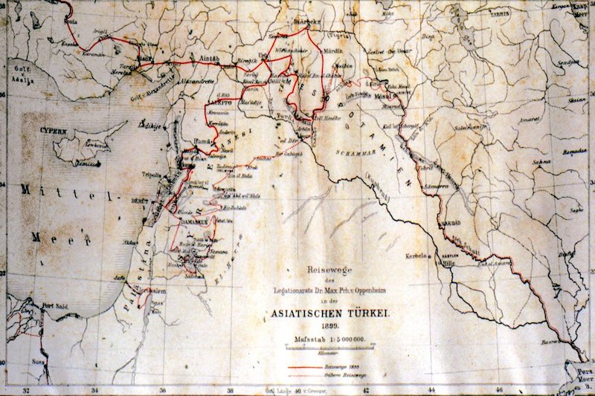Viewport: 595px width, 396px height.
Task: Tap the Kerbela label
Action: click(x=416, y=256)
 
